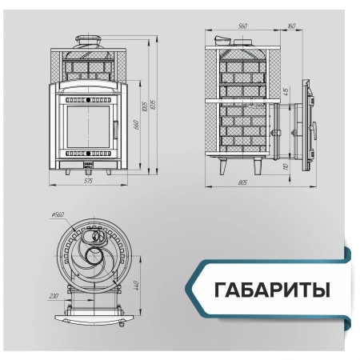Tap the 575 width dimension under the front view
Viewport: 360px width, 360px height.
coord(89,181)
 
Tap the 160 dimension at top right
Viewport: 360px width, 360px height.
coord(290,26)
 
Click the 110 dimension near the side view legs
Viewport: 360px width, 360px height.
coord(286,166)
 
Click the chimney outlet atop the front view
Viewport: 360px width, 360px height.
coord(88,41)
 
